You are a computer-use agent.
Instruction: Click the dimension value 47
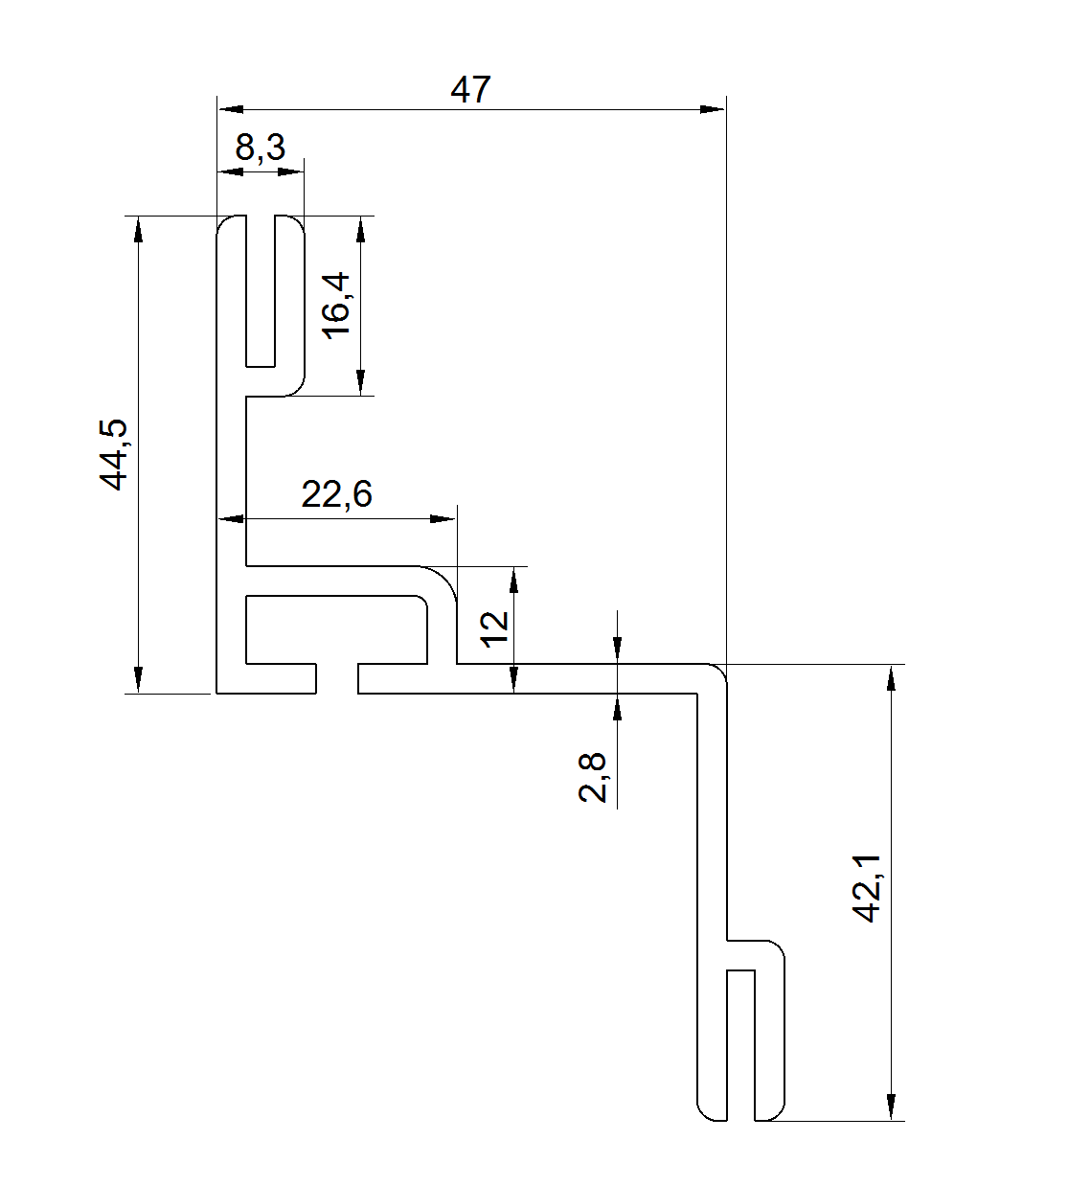(470, 89)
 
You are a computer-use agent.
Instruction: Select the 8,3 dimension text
(260, 148)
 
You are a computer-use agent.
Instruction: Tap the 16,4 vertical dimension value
(336, 305)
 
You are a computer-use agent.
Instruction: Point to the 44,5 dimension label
(116, 454)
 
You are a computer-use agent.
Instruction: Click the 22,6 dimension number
(336, 494)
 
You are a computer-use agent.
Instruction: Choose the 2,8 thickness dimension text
(593, 777)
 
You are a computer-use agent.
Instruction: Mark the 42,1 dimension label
(867, 890)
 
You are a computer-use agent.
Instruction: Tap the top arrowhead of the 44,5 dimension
(139, 229)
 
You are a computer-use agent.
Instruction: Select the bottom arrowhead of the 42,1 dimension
(892, 1106)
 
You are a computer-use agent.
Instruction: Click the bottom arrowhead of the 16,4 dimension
(361, 382)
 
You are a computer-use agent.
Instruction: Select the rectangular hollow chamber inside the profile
(336, 628)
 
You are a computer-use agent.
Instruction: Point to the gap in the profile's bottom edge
(337, 678)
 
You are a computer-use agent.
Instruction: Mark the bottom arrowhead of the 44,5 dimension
(139, 679)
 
